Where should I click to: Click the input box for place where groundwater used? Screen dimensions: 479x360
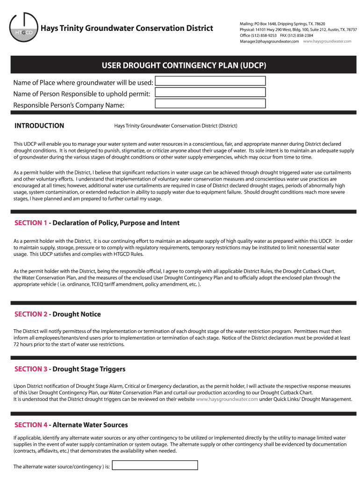pyautogui.click(x=210, y=81)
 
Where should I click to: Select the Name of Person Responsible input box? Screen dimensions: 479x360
pyautogui.click(x=210, y=92)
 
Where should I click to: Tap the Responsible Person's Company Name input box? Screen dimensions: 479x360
pyautogui.click(x=210, y=103)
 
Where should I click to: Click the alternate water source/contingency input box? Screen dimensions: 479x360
pyautogui.click(x=156, y=465)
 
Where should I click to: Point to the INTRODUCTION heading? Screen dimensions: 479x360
pyautogui.click(x=39, y=126)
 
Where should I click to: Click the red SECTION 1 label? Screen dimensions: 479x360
pyautogui.click(x=31, y=223)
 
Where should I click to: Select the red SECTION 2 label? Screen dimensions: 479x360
pyautogui.click(x=31, y=314)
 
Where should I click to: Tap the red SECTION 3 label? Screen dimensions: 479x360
pyautogui.click(x=31, y=369)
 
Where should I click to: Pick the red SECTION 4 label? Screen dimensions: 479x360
pyautogui.click(x=31, y=425)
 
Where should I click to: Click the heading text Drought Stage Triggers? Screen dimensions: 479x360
pyautogui.click(x=89, y=369)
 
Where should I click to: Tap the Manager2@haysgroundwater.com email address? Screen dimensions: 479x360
pyautogui.click(x=269, y=42)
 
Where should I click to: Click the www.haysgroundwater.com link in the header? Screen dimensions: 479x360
pyautogui.click(x=327, y=42)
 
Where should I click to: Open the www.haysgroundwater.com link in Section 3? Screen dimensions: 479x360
pyautogui.click(x=227, y=399)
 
